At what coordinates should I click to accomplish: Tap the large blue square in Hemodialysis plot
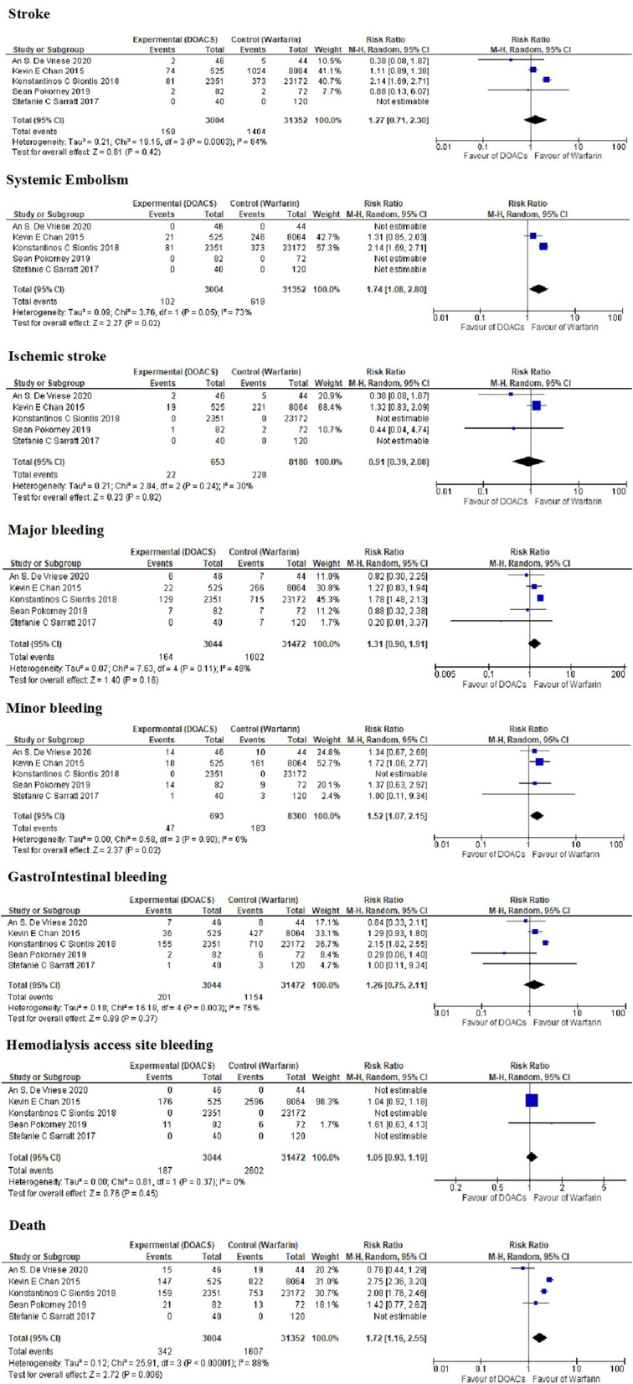[532, 1101]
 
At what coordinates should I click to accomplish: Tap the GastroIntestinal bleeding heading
[86, 876]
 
